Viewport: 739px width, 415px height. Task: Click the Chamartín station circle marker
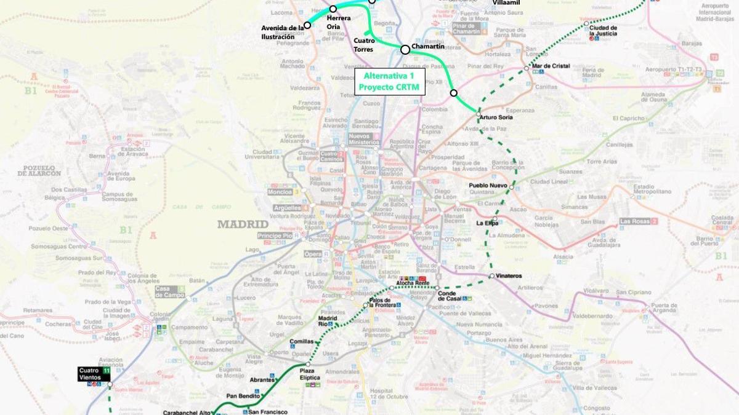[405, 49]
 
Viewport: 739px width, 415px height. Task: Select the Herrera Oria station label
[338, 22]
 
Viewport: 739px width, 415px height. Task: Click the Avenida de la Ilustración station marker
[307, 25]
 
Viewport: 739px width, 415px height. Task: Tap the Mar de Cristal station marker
[527, 68]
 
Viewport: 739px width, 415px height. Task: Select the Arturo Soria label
[497, 117]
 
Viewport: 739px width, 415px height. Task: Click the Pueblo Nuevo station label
[488, 185]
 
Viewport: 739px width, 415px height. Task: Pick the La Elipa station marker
[495, 219]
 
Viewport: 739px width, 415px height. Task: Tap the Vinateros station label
[508, 276]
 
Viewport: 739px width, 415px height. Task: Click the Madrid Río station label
[327, 321]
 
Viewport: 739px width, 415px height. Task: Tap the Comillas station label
[301, 341]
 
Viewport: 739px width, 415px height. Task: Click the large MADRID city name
[243, 224]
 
